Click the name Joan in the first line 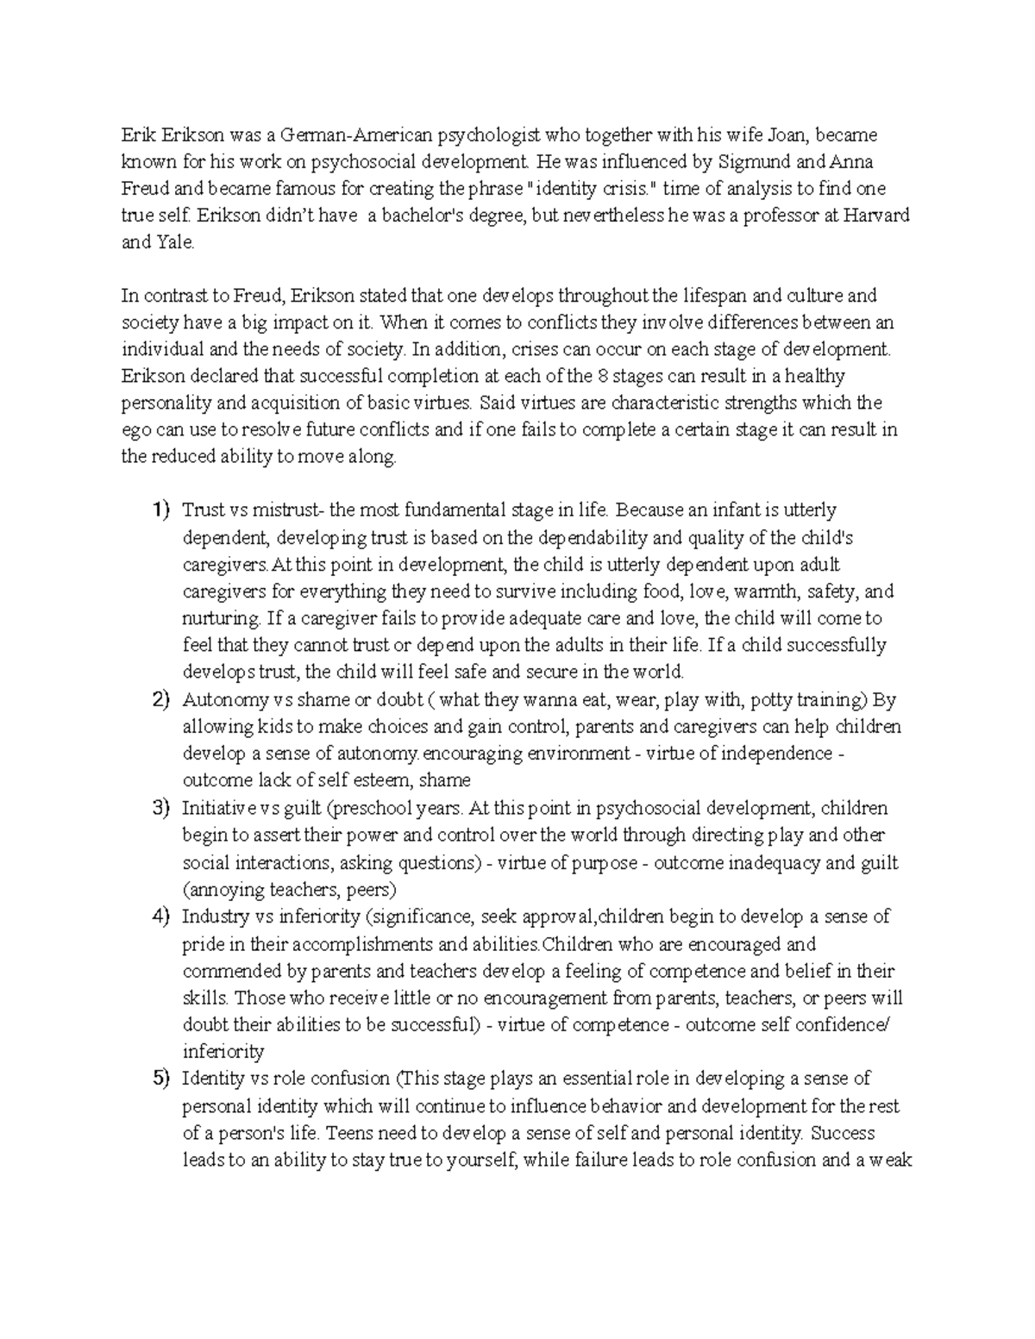pyautogui.click(x=784, y=135)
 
